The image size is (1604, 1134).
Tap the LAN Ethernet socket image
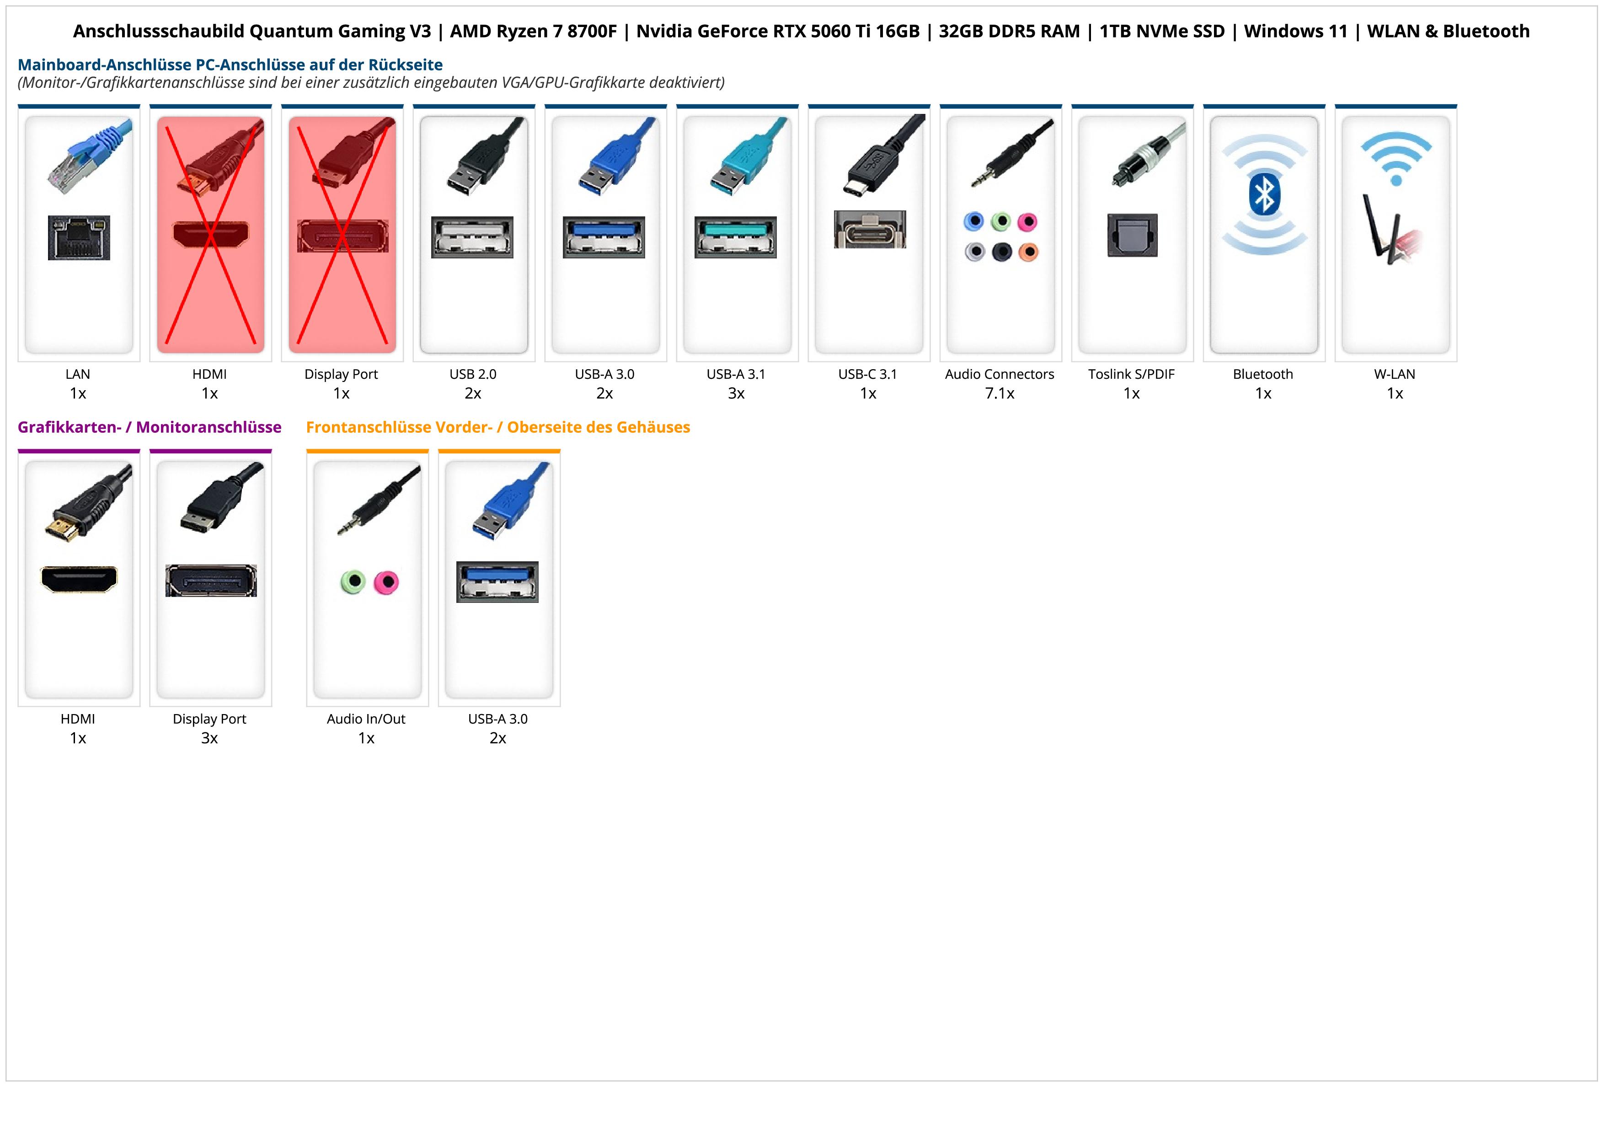[x=79, y=237]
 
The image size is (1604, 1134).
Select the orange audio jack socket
[x=1028, y=252]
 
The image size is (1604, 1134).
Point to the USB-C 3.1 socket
[x=869, y=229]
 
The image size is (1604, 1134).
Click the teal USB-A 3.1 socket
[x=736, y=237]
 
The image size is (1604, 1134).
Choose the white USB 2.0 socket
[x=472, y=237]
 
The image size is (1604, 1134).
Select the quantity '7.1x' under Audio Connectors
[x=1000, y=393]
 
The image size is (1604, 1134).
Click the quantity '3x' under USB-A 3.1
[x=736, y=393]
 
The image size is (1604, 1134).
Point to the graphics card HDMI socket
[x=79, y=579]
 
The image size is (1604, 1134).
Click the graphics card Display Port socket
[x=211, y=580]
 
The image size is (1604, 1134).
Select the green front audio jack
[x=353, y=581]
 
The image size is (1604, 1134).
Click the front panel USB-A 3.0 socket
[x=497, y=581]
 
